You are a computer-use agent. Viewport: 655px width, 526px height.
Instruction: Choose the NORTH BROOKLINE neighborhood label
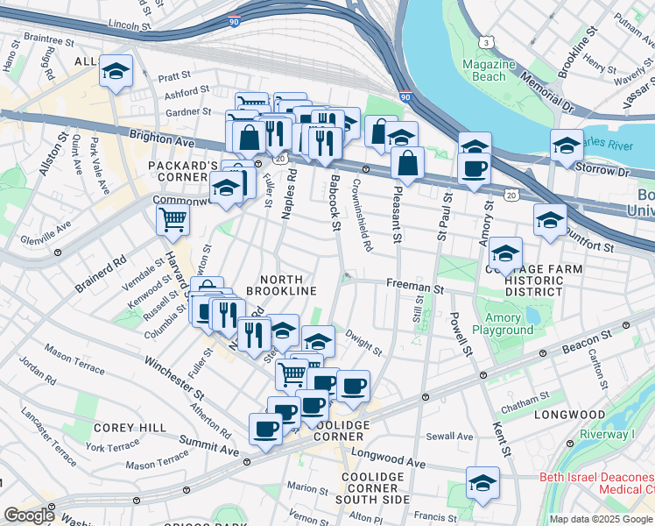[280, 283]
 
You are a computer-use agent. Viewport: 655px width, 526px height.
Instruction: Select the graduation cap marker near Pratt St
[115, 72]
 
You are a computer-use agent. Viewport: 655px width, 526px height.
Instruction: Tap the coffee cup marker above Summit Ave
[265, 429]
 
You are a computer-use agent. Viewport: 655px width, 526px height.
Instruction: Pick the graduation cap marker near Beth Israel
[482, 483]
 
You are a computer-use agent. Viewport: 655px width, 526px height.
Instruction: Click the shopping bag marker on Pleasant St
[408, 163]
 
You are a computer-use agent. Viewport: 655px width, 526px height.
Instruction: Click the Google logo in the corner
[29, 515]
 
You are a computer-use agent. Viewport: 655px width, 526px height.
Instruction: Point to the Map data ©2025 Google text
[601, 519]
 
